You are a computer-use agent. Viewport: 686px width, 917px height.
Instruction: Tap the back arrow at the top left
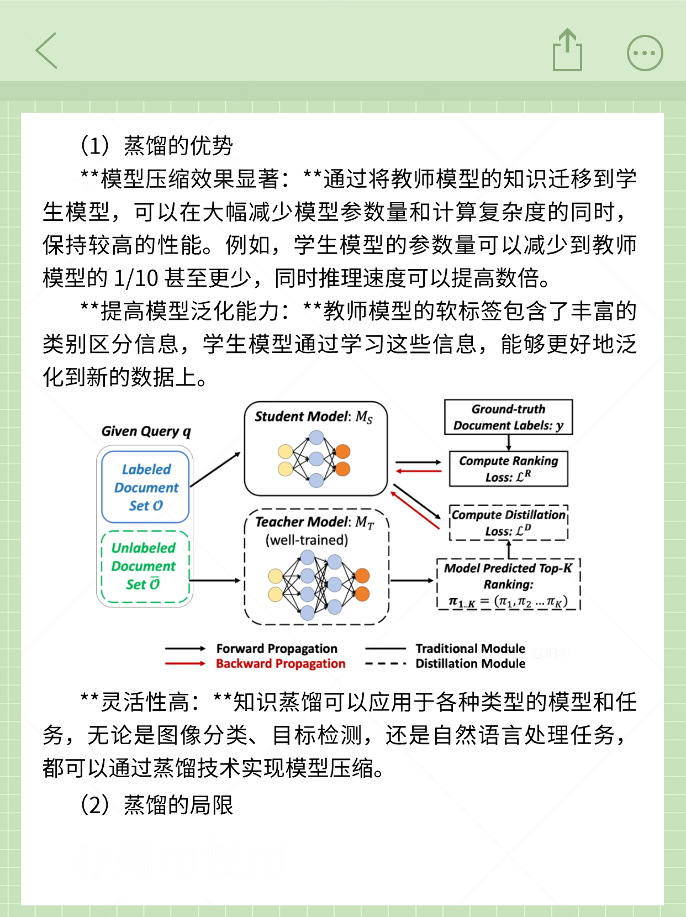47,51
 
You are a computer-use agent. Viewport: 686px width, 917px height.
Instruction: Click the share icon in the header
567,51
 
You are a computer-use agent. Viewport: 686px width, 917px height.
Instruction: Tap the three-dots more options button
645,53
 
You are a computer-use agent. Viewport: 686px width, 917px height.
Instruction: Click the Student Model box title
313,417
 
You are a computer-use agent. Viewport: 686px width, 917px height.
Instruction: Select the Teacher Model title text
314,522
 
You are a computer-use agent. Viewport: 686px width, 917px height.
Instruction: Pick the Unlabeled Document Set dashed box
144,566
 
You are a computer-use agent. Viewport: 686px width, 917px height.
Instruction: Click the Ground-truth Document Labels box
508,417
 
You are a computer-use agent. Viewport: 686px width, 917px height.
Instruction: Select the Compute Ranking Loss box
508,468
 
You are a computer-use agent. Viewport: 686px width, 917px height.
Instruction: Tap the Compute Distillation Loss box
508,523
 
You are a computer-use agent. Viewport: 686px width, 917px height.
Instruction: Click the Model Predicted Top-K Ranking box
508,584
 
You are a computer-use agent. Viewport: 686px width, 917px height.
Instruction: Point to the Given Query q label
146,431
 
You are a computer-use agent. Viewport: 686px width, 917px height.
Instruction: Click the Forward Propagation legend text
277,649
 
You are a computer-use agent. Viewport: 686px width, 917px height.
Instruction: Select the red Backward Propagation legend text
281,663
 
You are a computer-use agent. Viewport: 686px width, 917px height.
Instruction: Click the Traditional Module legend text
470,649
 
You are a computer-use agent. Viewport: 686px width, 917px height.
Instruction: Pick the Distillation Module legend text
470,663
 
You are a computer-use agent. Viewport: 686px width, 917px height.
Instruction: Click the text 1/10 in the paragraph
136,278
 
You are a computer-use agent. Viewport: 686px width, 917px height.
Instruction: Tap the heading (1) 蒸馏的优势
157,146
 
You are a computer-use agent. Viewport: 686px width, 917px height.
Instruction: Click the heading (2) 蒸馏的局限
157,805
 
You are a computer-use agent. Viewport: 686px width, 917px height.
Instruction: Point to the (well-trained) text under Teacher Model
307,540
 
